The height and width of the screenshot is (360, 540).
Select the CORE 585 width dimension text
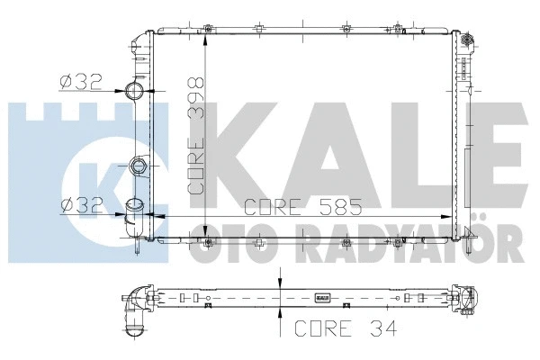(303, 206)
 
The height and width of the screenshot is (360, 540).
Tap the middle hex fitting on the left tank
(138, 166)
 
